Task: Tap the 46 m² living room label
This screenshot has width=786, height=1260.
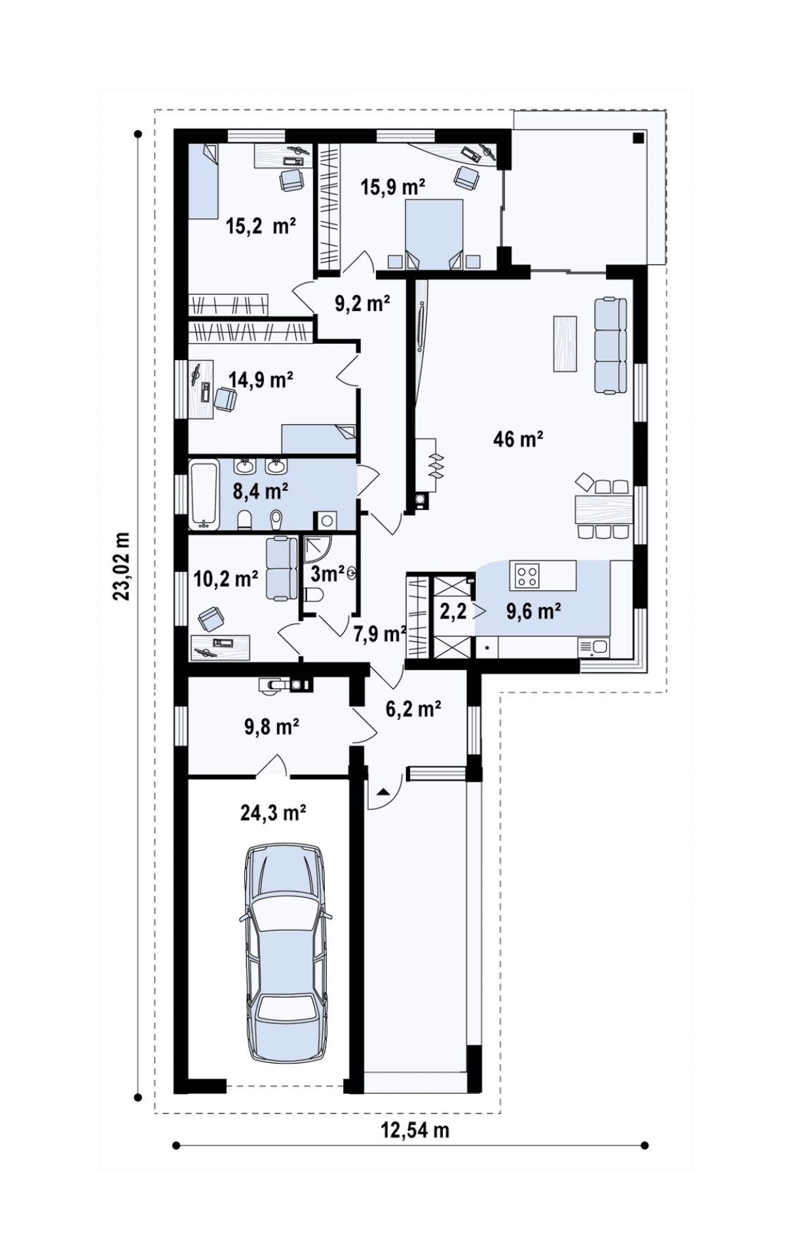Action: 518,439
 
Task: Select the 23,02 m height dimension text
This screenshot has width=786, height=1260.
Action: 122,566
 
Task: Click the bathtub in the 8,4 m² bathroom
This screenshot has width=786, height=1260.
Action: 204,494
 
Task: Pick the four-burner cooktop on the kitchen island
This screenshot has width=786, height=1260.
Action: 529,575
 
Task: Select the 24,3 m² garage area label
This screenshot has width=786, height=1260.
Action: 274,813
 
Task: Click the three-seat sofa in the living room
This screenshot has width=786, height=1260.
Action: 610,346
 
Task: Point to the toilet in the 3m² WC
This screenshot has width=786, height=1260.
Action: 314,594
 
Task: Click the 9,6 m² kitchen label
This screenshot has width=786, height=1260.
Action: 533,611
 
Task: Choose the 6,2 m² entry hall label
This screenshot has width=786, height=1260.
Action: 413,708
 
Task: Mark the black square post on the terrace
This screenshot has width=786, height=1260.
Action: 638,137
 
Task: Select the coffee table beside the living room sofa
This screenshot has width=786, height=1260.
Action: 565,343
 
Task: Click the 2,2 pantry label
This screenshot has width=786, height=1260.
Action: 453,612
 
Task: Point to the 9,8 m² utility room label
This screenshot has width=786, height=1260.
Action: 272,727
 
